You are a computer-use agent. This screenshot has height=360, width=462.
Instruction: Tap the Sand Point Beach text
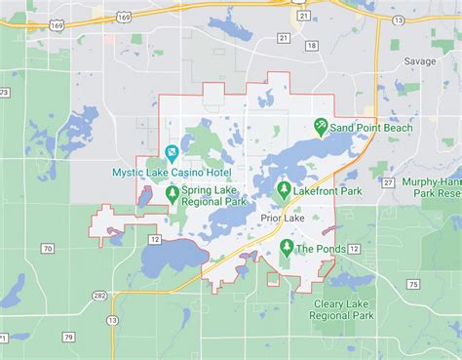(x=370, y=128)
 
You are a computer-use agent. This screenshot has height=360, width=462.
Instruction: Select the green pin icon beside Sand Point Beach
(x=320, y=127)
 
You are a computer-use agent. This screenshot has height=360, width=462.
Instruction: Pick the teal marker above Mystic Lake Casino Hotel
(x=172, y=153)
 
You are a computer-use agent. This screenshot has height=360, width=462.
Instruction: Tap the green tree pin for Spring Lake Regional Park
(x=172, y=193)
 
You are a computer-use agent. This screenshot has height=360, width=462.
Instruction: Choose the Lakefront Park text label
(x=327, y=191)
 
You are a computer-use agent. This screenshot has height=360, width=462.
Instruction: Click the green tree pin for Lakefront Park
(x=284, y=189)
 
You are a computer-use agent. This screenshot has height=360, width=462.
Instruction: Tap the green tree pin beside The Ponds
(x=286, y=247)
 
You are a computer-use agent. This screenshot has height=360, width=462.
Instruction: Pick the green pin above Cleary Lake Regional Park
(x=342, y=287)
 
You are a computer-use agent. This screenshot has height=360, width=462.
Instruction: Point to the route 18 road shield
(x=310, y=45)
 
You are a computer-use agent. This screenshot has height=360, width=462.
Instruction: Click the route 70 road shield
(x=47, y=249)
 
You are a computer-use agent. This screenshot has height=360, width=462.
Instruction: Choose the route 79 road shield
(x=69, y=338)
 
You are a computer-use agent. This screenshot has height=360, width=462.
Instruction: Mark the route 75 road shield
(x=413, y=284)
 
